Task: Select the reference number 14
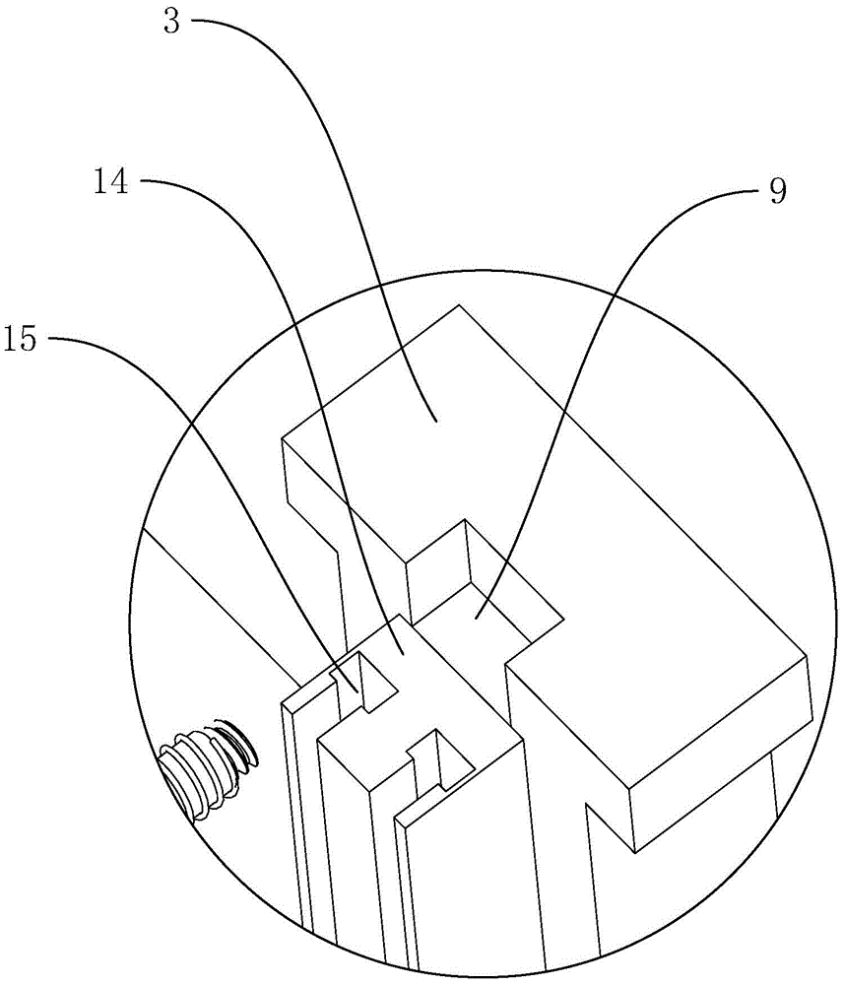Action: pos(111,183)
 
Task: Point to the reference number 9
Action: pos(778,190)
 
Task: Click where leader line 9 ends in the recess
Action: pos(476,618)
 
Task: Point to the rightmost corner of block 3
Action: pos(809,654)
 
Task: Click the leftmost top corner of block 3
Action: pos(283,437)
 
